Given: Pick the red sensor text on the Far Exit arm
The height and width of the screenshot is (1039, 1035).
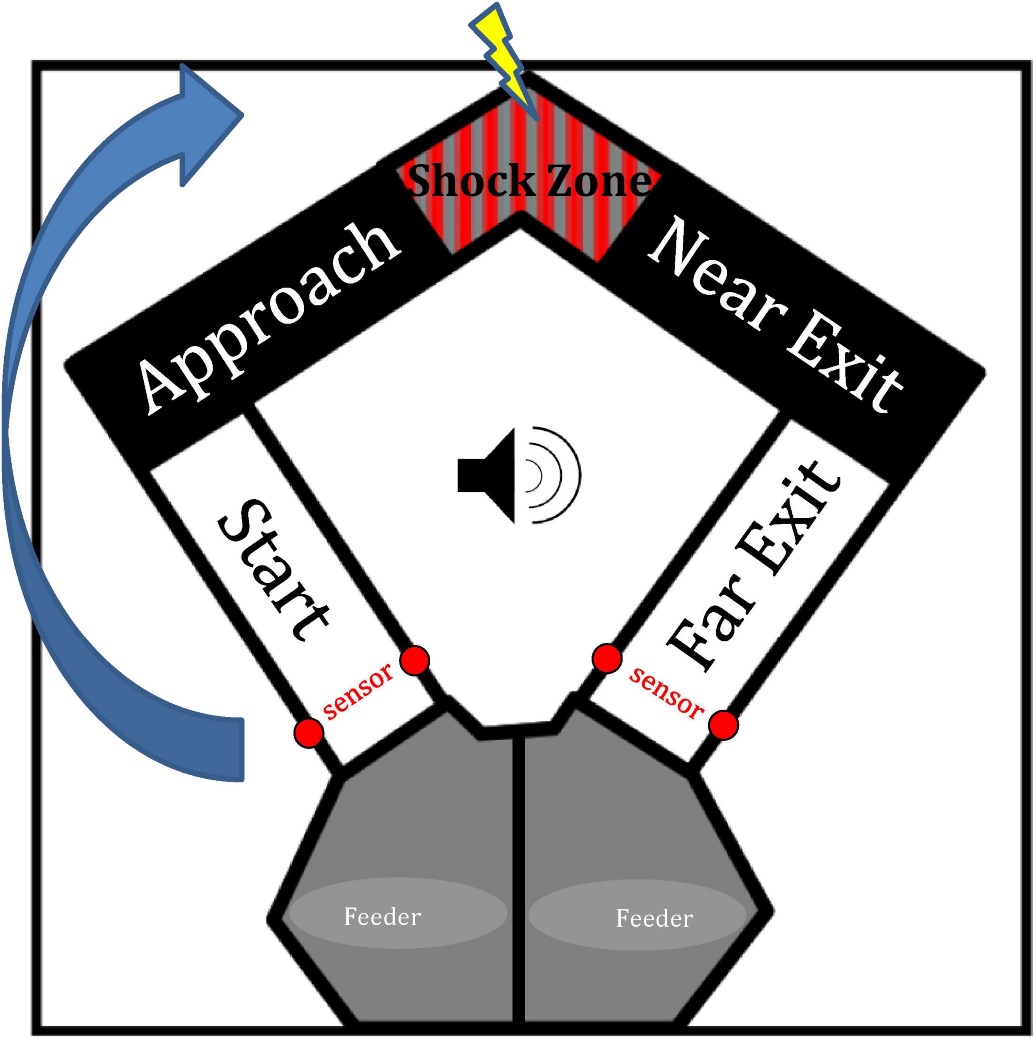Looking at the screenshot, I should pos(667,693).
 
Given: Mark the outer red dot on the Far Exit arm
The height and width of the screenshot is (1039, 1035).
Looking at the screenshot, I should pos(723,725).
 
